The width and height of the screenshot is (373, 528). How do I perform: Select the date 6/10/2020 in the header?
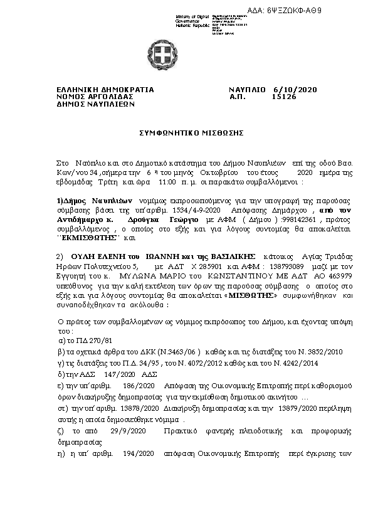click(x=296, y=90)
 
